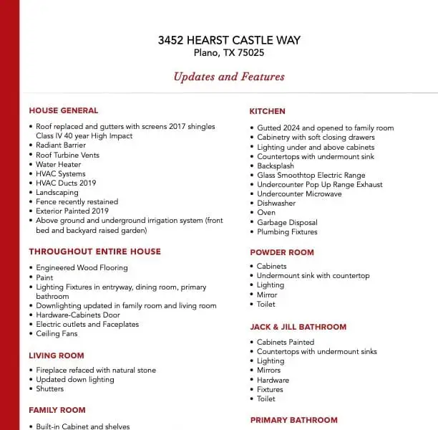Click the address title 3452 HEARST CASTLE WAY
pos(229,40)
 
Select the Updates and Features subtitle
pos(229,77)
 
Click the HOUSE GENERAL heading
pos(64,110)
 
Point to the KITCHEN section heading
pos(267,111)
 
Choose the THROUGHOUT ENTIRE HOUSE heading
pos(94,252)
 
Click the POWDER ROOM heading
pos(282,252)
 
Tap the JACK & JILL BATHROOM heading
pos(298,327)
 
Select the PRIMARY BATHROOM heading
pos(293,420)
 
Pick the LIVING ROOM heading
pos(57,355)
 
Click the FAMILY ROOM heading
pos(57,410)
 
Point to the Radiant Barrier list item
pos(61,145)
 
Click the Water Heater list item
pos(59,164)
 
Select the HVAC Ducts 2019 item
pos(66,183)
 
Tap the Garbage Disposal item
pos(286,222)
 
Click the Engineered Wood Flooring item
pos(82,268)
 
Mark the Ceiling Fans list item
pos(57,333)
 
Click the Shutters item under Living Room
pos(50,388)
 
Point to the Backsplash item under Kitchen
pos(276,166)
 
